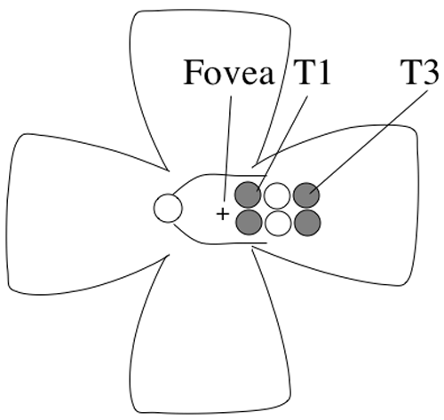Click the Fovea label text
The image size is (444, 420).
click(x=228, y=72)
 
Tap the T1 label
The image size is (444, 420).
click(x=312, y=72)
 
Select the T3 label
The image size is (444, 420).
click(x=419, y=72)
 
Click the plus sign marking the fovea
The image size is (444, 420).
click(x=223, y=214)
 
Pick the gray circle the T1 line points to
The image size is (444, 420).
click(x=248, y=194)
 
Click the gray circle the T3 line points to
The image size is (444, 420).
click(x=306, y=195)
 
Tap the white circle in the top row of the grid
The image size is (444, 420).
click(x=277, y=195)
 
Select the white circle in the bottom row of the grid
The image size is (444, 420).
click(x=278, y=223)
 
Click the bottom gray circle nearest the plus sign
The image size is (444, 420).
click(x=249, y=222)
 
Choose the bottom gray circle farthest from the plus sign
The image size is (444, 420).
click(x=307, y=223)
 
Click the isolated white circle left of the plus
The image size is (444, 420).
click(x=168, y=208)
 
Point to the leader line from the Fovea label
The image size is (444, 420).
click(x=227, y=148)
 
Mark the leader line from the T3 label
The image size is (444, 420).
click(x=369, y=142)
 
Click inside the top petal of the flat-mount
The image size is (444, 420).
click(x=210, y=74)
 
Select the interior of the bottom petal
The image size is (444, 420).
click(x=210, y=340)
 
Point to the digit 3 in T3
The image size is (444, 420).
click(x=430, y=72)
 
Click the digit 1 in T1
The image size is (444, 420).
click(x=322, y=72)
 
